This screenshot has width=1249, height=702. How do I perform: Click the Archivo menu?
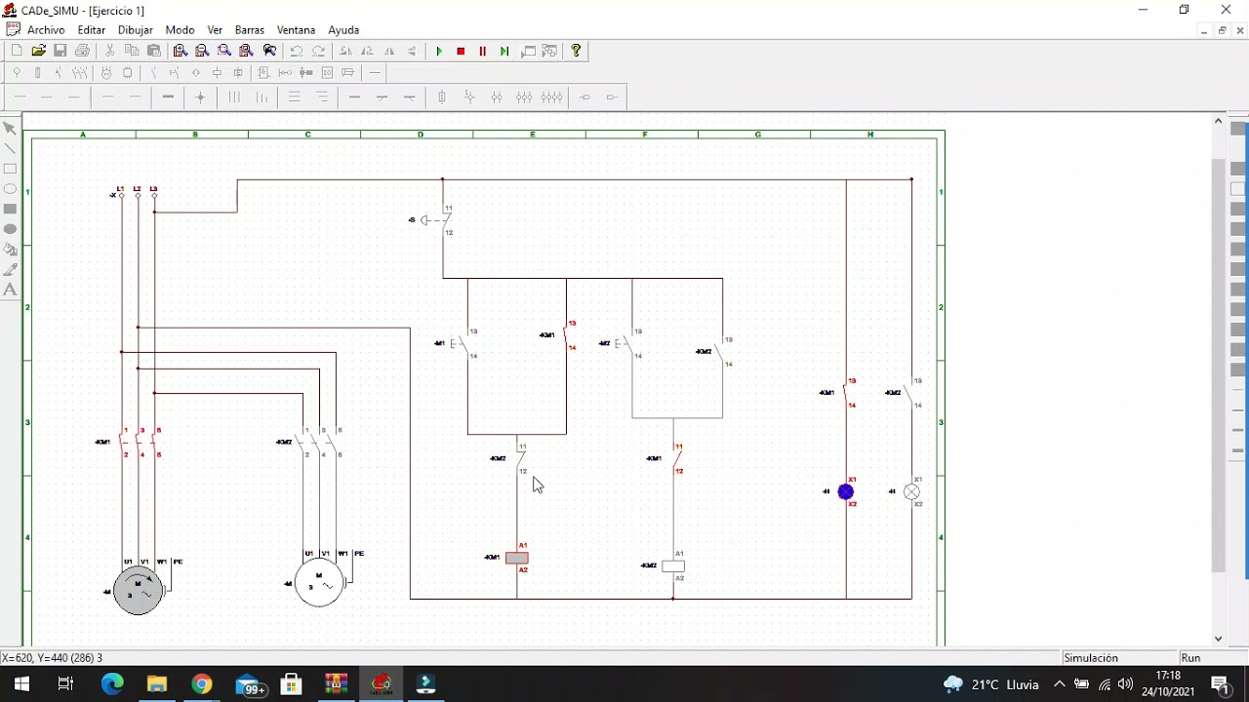[46, 30]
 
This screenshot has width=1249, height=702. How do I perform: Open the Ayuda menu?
[343, 30]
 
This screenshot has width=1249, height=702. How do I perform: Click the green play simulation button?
[439, 51]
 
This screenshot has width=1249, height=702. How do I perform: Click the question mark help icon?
[576, 51]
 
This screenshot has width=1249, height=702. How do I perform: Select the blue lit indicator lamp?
[846, 492]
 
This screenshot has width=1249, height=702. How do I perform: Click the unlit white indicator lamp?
[911, 492]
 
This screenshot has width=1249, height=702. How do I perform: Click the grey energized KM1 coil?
[517, 559]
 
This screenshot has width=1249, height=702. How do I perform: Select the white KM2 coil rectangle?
[673, 566]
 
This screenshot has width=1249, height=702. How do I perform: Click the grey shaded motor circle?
[138, 590]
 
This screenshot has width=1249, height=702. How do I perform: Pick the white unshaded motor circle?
[319, 583]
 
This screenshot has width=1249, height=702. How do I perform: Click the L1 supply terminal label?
[120, 188]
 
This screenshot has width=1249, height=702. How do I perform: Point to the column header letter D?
[421, 135]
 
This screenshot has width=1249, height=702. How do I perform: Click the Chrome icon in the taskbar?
[202, 684]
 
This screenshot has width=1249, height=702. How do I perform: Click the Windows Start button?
[21, 684]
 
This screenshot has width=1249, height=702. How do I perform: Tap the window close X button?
[1226, 10]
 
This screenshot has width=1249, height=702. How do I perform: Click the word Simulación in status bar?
[1091, 658]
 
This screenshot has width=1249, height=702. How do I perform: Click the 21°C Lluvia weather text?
[1005, 684]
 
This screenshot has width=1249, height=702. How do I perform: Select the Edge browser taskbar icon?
[112, 684]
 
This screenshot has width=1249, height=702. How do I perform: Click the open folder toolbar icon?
[39, 51]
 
